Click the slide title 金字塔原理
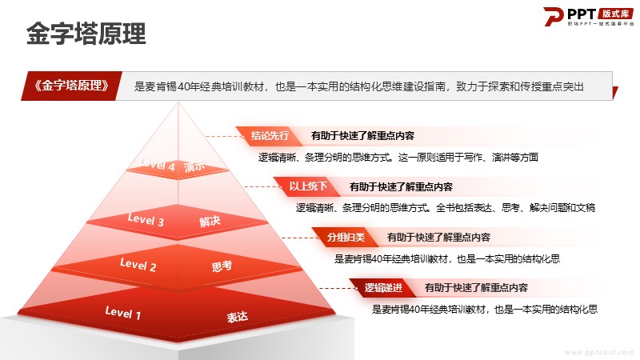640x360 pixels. point(86,34)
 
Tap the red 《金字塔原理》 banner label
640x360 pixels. point(72,86)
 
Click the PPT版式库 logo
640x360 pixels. point(588,16)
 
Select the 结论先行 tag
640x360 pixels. point(270,135)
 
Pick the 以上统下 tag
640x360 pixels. point(308,186)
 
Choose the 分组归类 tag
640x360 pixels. point(346,237)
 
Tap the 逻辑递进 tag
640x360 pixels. point(383,288)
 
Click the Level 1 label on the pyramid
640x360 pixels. point(123,313)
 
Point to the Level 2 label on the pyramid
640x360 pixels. point(138,265)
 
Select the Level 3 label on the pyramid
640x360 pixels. point(146,219)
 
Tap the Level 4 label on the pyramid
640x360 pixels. point(157,165)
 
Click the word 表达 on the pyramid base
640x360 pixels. point(237,317)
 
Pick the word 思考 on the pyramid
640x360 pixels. point(222,266)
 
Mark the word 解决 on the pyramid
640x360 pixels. point(210,222)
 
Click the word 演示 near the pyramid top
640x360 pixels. point(194,166)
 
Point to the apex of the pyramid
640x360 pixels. point(178,103)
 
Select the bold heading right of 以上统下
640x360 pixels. point(402,187)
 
